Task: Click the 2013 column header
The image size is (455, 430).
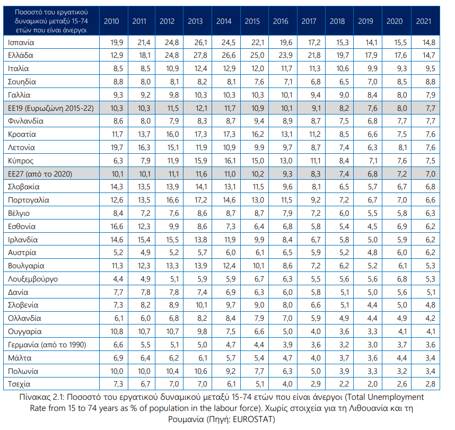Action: coord(195,21)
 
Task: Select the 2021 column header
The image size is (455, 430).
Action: coord(423,21)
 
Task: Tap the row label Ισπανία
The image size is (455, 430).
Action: coord(21,42)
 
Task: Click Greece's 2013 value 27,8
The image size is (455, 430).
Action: coord(200,55)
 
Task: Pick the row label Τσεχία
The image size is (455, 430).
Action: coord(19,384)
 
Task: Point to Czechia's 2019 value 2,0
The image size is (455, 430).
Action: coord(372,384)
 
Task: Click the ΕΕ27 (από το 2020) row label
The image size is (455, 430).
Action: coord(40,174)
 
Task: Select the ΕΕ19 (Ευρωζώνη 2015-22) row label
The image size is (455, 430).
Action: coord(51,108)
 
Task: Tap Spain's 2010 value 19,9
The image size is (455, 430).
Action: coord(117,42)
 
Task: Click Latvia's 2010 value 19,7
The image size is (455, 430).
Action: coord(117,147)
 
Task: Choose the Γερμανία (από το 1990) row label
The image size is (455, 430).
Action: coord(47,345)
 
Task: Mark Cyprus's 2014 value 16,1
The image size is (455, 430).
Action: coord(229,161)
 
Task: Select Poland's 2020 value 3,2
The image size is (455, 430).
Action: coord(402,371)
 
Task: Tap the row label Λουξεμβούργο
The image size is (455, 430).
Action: coord(33,279)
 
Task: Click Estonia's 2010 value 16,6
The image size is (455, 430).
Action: coord(117,226)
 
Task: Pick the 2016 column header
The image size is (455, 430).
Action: coord(281,21)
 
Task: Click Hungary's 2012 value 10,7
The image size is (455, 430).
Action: coord(172,331)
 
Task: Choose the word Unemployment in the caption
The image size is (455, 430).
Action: coord(398,397)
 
